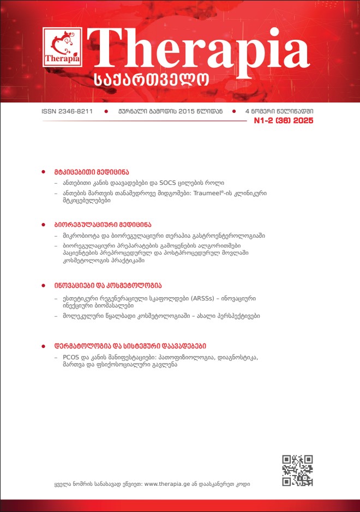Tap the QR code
coord(297,470)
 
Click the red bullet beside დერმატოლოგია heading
coord(44,346)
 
